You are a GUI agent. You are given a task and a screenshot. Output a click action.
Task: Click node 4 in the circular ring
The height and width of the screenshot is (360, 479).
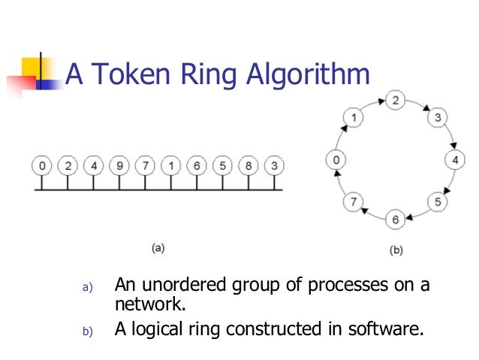[455, 159]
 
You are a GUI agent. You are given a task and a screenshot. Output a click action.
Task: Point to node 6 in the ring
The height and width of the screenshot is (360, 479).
[395, 219]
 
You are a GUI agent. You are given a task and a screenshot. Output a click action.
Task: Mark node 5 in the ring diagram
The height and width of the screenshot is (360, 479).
[438, 202]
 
